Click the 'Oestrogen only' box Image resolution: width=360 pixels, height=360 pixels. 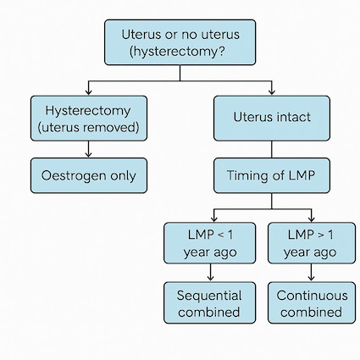click(x=89, y=175)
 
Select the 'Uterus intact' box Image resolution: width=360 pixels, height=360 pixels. click(x=272, y=118)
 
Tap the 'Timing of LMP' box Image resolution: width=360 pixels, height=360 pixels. click(x=272, y=175)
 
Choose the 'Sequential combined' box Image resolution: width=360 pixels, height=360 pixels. click(x=209, y=302)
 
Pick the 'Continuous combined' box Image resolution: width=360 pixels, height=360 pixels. click(x=312, y=302)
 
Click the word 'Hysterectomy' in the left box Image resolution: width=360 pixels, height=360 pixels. click(x=88, y=111)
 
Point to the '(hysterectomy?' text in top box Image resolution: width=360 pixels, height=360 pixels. click(x=177, y=52)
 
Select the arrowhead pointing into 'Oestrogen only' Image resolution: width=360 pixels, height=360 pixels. click(x=88, y=154)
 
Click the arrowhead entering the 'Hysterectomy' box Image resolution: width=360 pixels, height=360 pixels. click(x=88, y=92)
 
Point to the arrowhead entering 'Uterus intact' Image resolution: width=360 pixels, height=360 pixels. click(x=272, y=92)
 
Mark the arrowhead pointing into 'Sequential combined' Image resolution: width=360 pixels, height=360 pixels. click(x=210, y=278)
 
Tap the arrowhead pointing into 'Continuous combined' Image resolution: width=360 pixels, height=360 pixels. click(x=311, y=278)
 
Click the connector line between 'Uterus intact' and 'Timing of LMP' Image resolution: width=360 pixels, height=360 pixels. click(x=272, y=149)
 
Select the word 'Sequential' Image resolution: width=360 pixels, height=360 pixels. click(x=209, y=296)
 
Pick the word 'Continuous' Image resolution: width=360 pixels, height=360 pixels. click(x=312, y=296)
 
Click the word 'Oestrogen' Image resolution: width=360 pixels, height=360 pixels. click(x=74, y=176)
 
